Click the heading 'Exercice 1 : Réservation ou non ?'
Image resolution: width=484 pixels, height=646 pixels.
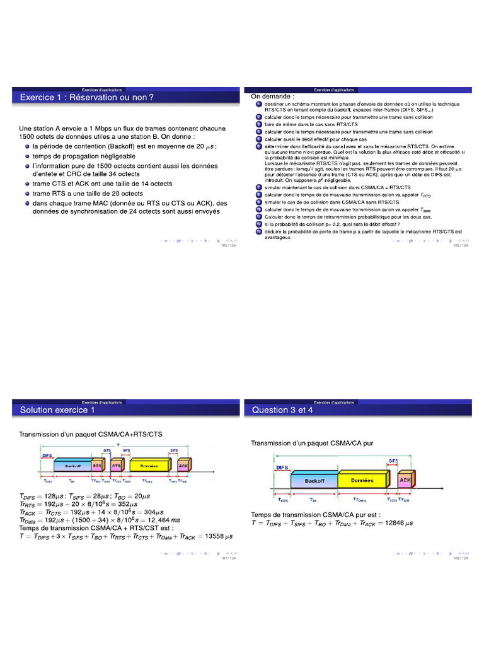point(87,97)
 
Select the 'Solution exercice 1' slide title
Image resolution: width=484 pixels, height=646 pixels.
point(57,410)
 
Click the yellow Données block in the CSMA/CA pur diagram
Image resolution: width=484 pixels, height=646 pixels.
point(362,481)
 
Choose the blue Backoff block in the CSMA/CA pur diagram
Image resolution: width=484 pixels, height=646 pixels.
point(313,481)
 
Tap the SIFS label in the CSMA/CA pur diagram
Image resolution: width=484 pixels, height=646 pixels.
point(395,462)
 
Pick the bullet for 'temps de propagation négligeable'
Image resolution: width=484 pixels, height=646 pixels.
point(28,156)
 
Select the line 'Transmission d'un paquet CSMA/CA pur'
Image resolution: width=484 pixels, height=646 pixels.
point(313,443)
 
